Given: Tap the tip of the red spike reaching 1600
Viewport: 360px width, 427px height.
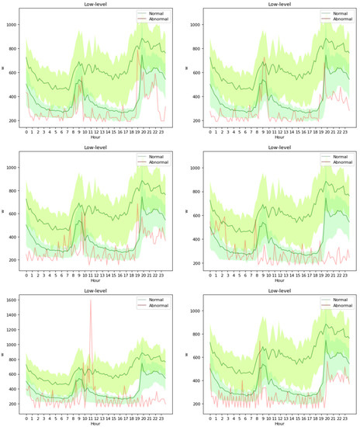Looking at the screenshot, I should click(x=91, y=300).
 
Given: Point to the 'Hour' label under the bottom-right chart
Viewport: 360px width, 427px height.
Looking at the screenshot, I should click(x=271, y=424).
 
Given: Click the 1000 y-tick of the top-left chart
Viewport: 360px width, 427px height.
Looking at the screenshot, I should click(x=13, y=25).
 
